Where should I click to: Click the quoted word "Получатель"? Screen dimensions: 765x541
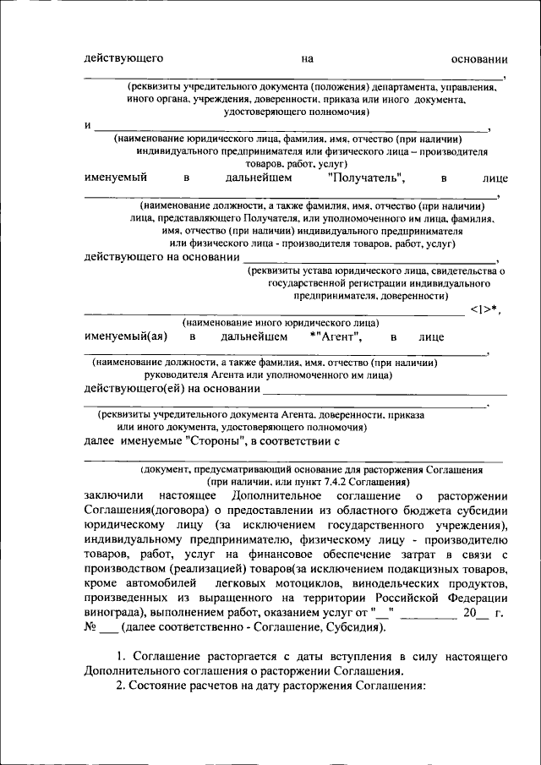(365, 178)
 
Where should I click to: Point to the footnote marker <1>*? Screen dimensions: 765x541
(484, 309)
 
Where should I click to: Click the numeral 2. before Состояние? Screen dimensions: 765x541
(120, 686)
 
